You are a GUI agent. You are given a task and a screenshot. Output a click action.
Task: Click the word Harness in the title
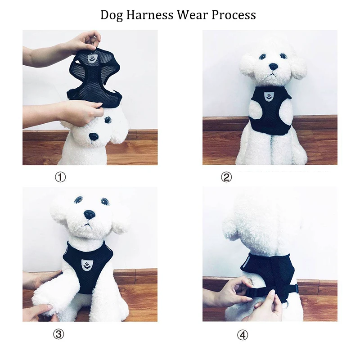click(x=150, y=15)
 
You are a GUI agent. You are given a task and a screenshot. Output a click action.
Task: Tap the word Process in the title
click(x=234, y=15)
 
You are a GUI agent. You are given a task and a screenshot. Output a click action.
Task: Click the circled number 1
click(x=60, y=177)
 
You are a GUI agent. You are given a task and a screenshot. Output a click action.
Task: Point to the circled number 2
click(x=226, y=177)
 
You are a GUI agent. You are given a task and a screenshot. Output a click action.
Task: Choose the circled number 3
click(x=59, y=334)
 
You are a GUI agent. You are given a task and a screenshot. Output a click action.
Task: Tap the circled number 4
click(x=243, y=335)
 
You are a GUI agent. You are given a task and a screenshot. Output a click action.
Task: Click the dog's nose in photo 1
click(x=94, y=137)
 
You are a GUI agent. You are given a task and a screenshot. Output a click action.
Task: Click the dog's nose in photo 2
click(x=273, y=67)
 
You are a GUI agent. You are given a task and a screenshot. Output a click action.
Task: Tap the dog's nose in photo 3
click(x=89, y=215)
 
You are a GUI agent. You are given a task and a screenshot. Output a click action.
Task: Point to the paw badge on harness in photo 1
click(x=92, y=58)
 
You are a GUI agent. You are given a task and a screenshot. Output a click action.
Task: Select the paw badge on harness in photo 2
click(x=268, y=96)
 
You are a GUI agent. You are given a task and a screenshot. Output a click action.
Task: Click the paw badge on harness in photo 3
click(x=85, y=265)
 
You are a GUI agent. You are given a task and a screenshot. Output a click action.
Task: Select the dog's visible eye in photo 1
click(x=107, y=120)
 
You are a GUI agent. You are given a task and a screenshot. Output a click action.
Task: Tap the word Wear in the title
click(x=193, y=15)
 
